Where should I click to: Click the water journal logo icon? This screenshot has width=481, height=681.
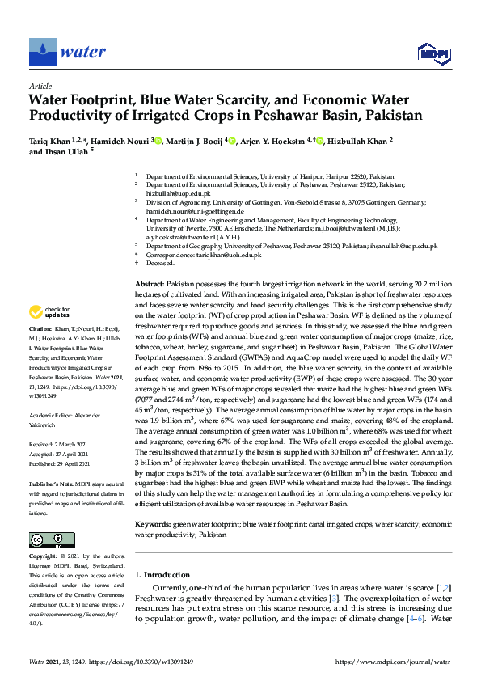pos(44,53)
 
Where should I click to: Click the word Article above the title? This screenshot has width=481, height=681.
pos(40,86)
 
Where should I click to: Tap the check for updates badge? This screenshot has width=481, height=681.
pos(51,311)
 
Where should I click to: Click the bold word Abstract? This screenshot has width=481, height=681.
pos(149,286)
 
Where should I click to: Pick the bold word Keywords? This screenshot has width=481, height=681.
pos(152,525)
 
